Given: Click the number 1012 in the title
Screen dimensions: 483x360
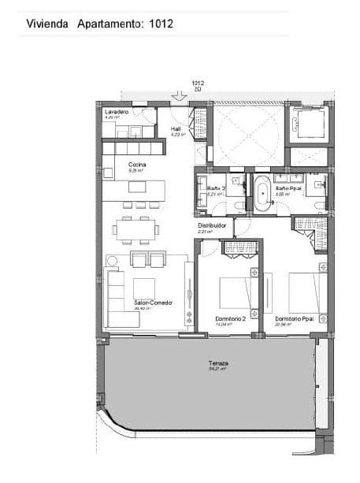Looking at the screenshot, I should (x=158, y=24).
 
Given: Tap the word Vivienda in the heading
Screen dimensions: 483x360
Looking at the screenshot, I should (x=48, y=24).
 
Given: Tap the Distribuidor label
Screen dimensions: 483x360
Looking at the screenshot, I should (x=212, y=225).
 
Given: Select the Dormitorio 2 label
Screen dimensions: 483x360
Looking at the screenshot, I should (x=231, y=318).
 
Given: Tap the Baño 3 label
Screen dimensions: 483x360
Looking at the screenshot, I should (x=216, y=188).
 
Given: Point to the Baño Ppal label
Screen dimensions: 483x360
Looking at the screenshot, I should (x=286, y=188).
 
